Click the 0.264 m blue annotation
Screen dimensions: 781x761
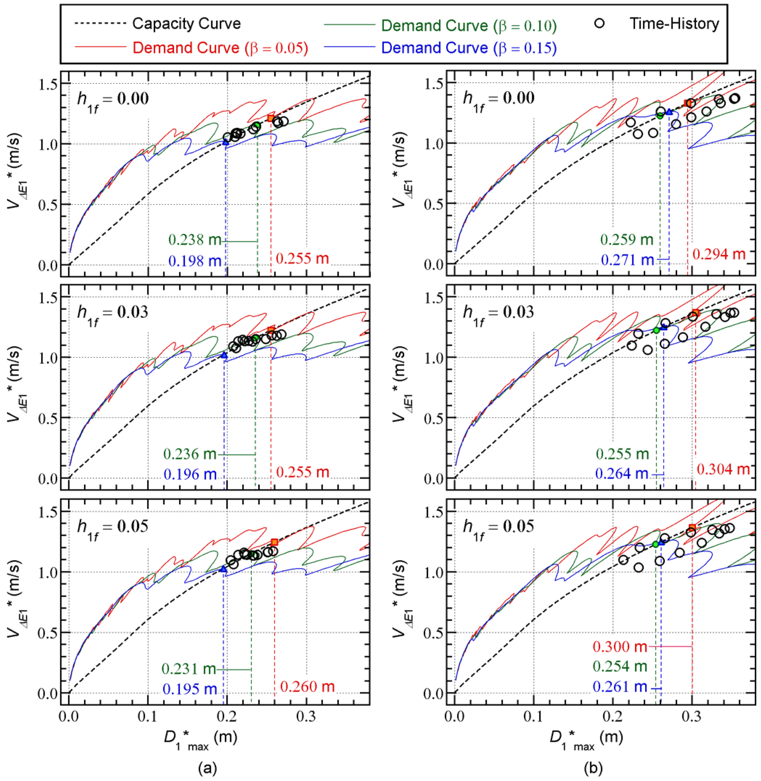click(x=621, y=474)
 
